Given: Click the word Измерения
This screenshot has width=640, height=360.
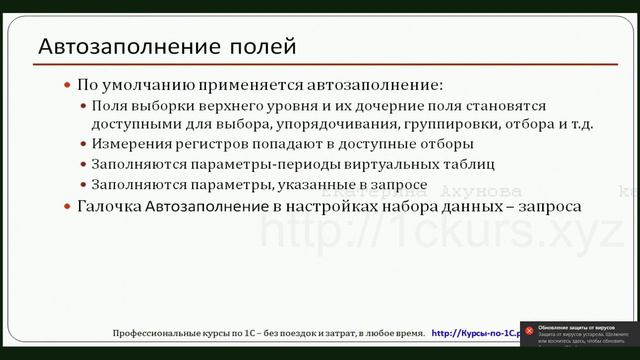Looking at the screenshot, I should (127, 144).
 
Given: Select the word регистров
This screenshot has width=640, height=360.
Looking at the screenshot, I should (204, 144).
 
